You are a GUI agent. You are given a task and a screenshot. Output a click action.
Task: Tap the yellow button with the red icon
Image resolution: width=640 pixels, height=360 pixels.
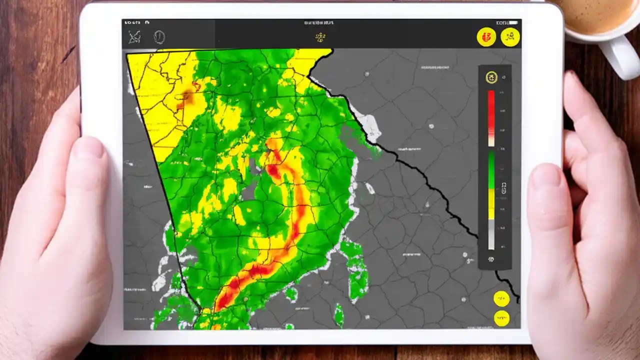coord(486,36)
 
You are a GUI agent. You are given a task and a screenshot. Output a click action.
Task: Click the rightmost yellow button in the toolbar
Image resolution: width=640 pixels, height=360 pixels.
coord(510,36)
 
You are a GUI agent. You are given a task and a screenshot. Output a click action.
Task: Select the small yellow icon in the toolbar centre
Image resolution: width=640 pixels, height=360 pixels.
coord(320,37)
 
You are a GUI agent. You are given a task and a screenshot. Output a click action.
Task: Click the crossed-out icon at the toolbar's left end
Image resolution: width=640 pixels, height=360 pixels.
coord(134,37)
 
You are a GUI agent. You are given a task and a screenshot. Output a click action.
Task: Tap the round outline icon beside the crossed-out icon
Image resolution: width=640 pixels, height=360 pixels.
coord(159,37)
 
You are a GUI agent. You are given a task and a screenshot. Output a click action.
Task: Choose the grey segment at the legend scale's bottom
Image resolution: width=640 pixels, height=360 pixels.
coord(491,235)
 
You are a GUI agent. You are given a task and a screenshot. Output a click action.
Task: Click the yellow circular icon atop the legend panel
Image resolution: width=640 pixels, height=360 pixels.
coord(491,77)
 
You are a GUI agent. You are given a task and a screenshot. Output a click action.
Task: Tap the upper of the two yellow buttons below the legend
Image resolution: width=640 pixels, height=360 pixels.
coord(501,298)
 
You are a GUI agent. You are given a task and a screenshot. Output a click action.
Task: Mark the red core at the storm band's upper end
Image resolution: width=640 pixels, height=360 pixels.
coord(274,170)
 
